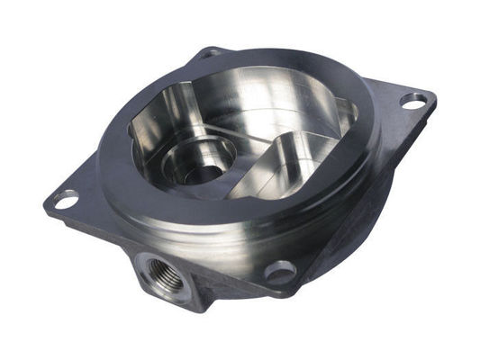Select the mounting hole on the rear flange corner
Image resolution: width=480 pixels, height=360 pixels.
211,54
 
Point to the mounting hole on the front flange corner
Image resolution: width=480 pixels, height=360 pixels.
280,270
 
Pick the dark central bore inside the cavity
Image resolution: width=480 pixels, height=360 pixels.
204,172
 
